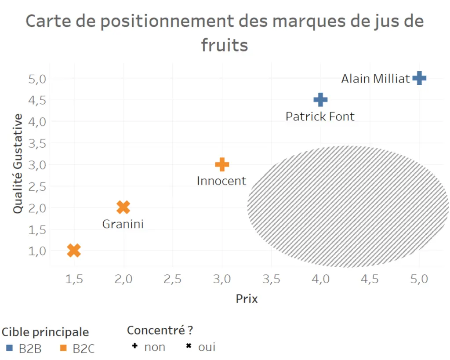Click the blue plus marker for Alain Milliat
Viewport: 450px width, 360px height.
(419, 79)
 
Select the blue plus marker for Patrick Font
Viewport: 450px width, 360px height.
(320, 100)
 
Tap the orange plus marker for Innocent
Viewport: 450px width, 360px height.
(222, 165)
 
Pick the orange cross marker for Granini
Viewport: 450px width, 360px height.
(123, 207)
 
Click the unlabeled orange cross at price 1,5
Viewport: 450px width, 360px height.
(74, 251)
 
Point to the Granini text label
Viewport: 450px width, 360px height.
(123, 224)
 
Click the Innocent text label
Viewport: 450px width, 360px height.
(221, 181)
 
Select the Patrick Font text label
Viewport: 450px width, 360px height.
(320, 116)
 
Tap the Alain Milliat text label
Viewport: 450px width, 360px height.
(376, 79)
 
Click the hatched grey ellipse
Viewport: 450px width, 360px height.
(347, 207)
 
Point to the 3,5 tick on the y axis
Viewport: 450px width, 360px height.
(37, 143)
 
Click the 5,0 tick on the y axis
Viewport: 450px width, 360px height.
(37, 79)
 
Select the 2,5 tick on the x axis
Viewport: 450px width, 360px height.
(173, 279)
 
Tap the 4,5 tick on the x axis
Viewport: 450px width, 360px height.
(370, 279)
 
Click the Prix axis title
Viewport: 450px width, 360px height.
(247, 299)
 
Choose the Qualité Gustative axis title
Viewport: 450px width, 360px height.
(18, 164)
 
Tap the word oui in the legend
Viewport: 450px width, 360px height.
(207, 347)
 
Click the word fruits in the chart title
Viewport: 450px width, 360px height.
(225, 45)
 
